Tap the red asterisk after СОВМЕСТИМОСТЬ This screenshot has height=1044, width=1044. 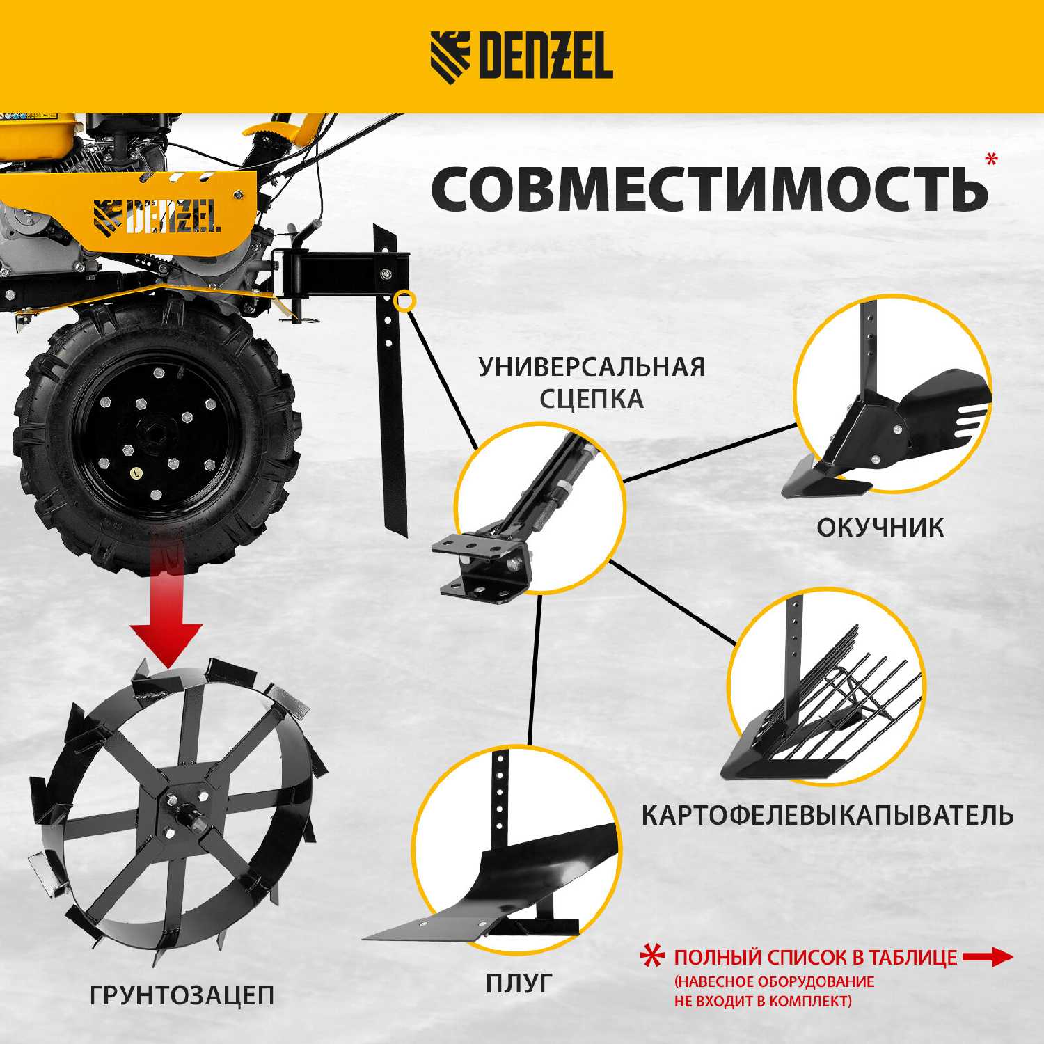coord(991,159)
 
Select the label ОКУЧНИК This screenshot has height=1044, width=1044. coord(880,528)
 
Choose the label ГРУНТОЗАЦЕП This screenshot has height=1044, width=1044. coord(182,995)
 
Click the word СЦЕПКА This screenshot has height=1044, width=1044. coord(592,399)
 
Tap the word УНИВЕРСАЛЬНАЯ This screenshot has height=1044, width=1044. coord(592,367)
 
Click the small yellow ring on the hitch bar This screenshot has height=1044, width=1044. coord(404,301)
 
